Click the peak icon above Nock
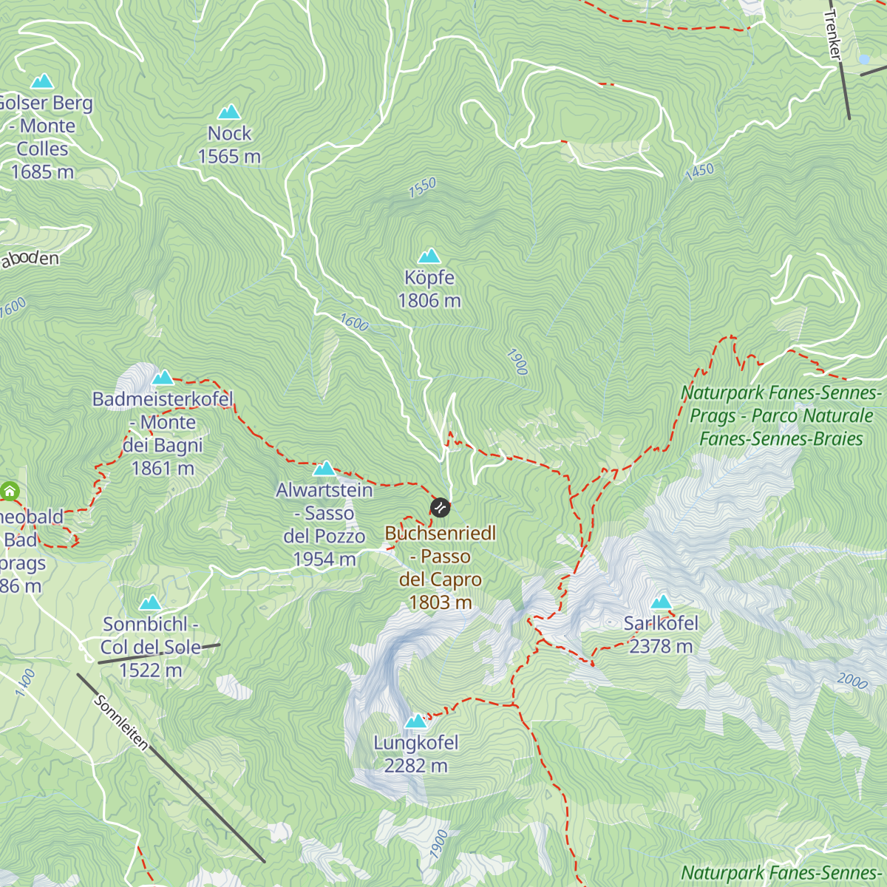pyautogui.click(x=229, y=112)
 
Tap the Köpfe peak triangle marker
pyautogui.click(x=429, y=256)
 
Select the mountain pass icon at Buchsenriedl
pyautogui.click(x=440, y=507)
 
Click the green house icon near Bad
pyautogui.click(x=10, y=491)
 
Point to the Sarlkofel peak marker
pyautogui.click(x=661, y=602)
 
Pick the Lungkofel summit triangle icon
pyautogui.click(x=416, y=721)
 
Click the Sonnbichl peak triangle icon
pyautogui.click(x=150, y=603)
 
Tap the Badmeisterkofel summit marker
pyautogui.click(x=163, y=378)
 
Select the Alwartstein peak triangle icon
pyautogui.click(x=324, y=469)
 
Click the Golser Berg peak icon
pyautogui.click(x=42, y=81)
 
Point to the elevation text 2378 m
pyautogui.click(x=661, y=646)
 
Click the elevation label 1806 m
pyautogui.click(x=429, y=301)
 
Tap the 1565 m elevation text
pyautogui.click(x=229, y=157)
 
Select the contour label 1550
pyautogui.click(x=423, y=188)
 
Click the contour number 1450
pyautogui.click(x=699, y=171)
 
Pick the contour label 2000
pyautogui.click(x=852, y=681)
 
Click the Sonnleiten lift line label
pyautogui.click(x=122, y=722)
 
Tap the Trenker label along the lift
pyautogui.click(x=833, y=35)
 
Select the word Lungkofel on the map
pyautogui.click(x=416, y=743)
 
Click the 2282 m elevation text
pyautogui.click(x=416, y=766)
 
